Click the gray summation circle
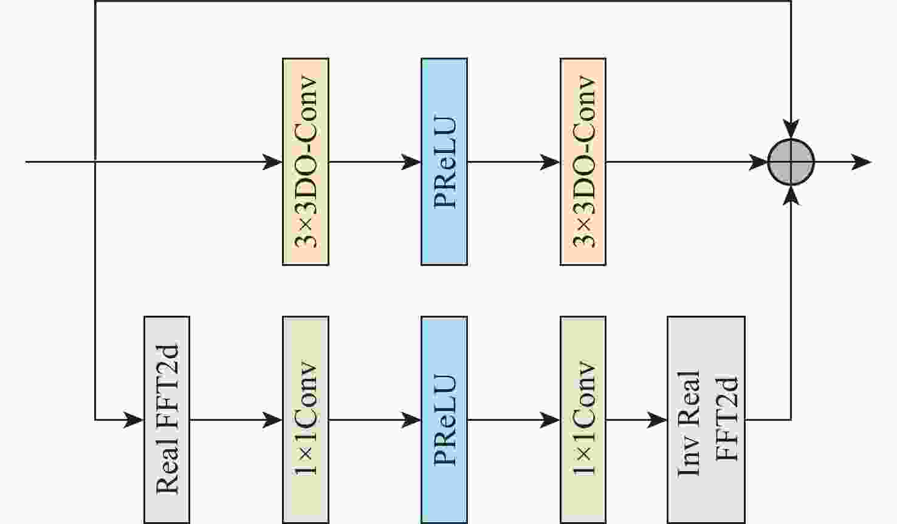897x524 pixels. [x=791, y=162]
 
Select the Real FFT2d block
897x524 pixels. [x=167, y=419]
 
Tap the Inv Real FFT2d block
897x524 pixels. [x=706, y=419]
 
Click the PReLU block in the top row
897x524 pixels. [x=444, y=162]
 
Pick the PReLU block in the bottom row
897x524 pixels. [x=444, y=419]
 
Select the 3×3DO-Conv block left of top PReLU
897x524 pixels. [x=306, y=162]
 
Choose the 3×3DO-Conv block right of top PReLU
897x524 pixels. [x=583, y=162]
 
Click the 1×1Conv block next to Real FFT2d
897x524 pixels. [x=306, y=419]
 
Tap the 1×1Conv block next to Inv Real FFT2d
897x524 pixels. [x=583, y=419]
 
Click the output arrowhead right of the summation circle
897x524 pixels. [x=862, y=162]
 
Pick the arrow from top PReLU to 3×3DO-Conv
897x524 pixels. [x=514, y=162]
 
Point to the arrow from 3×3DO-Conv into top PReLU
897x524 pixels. [x=375, y=162]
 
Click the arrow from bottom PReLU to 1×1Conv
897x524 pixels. [x=514, y=420]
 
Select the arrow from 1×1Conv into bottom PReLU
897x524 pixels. [x=375, y=420]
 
